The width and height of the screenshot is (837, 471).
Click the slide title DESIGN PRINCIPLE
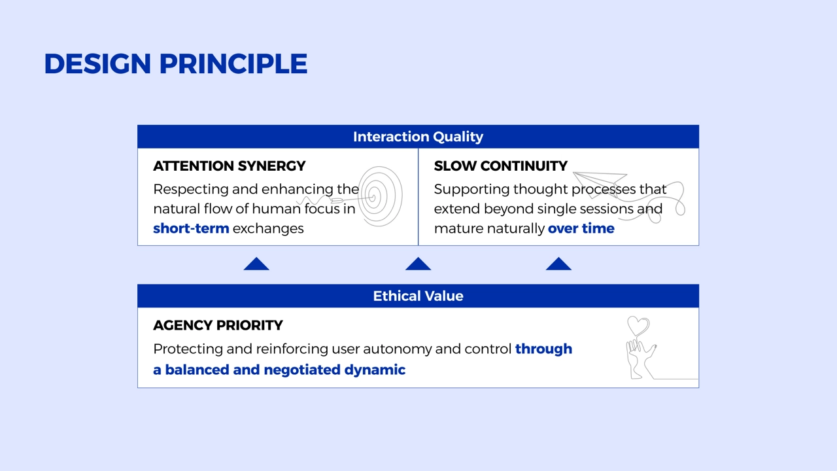[176, 63]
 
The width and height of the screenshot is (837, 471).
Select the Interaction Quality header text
[418, 137]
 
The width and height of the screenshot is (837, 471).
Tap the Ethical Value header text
[418, 296]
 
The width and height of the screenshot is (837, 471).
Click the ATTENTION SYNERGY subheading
[230, 166]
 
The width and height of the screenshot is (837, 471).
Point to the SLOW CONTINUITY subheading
[501, 166]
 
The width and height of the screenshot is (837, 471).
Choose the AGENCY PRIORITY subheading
[218, 325]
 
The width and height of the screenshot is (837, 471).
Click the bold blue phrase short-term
[191, 228]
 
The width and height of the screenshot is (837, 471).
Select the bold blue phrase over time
[581, 228]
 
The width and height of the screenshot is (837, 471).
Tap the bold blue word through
[543, 349]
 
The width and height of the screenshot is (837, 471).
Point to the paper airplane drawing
[600, 183]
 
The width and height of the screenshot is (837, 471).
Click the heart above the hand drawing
[638, 326]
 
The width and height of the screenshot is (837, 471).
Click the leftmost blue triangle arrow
[256, 264]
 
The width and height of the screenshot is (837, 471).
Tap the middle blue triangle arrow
[418, 264]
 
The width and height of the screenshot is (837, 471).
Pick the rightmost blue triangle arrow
[558, 264]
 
